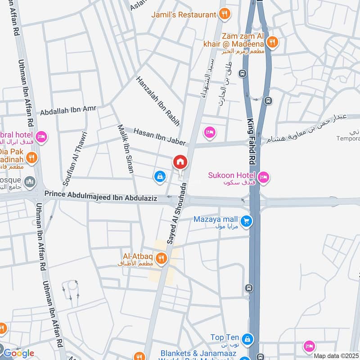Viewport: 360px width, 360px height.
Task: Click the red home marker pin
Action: point(180,162)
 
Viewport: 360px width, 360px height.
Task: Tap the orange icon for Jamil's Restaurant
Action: point(224,14)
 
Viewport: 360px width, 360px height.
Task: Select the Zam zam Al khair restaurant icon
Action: point(272,43)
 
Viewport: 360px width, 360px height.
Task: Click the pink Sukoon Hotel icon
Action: point(264,177)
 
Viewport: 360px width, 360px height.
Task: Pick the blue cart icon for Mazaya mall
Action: point(246,221)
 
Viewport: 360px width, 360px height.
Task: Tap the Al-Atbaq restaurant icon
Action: point(161,258)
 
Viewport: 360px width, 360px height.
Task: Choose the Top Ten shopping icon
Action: point(246,338)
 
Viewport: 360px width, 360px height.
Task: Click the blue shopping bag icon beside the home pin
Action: point(159,177)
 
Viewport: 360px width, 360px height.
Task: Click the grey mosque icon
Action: point(30,181)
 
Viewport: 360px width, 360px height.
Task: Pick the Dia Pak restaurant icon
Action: point(31,157)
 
